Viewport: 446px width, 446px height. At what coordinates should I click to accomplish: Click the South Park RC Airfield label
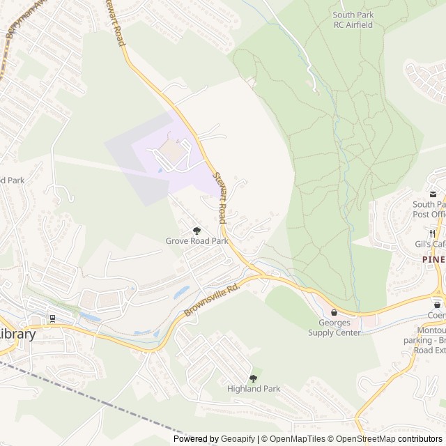(x=353, y=20)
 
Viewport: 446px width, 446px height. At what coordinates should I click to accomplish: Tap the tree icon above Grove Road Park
(x=197, y=230)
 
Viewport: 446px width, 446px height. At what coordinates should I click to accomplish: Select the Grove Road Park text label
(x=197, y=241)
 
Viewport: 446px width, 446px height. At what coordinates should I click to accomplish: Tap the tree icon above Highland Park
(x=253, y=378)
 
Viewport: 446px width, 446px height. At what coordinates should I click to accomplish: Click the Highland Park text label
(x=253, y=389)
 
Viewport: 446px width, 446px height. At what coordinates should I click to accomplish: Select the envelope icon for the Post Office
(x=433, y=194)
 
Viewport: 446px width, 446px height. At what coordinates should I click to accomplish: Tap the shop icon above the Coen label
(x=437, y=305)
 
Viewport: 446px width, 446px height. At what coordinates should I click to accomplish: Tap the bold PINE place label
(x=433, y=258)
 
